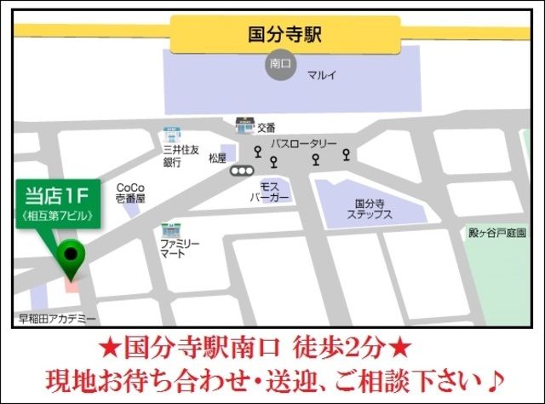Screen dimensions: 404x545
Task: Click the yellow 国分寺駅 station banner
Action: tap(284, 35)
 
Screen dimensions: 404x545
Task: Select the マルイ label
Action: tap(322, 75)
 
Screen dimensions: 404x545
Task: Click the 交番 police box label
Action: tap(266, 128)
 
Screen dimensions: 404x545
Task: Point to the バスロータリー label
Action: tap(304, 144)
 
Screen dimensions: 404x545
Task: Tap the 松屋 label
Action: tap(217, 158)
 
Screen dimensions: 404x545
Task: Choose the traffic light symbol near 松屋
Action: tap(243, 170)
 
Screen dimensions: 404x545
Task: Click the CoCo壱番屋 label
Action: tap(130, 193)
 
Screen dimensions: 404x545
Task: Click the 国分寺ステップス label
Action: tap(370, 210)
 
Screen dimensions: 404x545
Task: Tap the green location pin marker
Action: tap(70, 258)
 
